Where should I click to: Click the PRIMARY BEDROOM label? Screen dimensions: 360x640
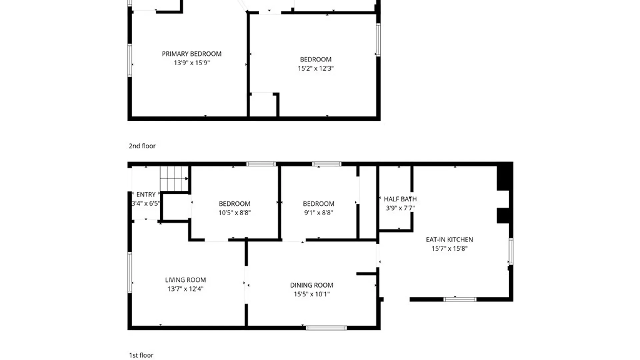coord(192,54)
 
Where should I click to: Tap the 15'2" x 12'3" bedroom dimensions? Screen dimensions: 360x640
coord(316,68)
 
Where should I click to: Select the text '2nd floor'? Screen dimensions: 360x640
coord(142,146)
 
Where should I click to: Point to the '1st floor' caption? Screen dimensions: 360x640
coord(141,355)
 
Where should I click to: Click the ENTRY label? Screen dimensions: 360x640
coord(146,194)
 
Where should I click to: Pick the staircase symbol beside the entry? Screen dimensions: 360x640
coord(174,179)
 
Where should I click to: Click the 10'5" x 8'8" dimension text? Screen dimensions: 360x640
coord(235,213)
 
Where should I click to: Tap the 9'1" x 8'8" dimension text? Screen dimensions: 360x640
coord(318,213)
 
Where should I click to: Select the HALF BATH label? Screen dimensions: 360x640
coord(400,199)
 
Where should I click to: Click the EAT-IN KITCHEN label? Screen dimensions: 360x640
coord(449,239)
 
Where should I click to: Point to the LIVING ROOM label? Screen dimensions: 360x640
coord(185,280)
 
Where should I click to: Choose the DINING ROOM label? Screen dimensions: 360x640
coord(312,285)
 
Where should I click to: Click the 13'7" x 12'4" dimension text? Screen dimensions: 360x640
coord(185,289)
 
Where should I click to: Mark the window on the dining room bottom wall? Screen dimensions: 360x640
coord(326,328)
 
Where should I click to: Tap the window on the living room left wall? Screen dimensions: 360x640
coord(130,272)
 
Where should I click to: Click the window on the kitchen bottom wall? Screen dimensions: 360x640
coord(460,299)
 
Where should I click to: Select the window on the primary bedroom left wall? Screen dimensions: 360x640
coord(130,60)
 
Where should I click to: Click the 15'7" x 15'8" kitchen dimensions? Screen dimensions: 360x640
coord(449,248)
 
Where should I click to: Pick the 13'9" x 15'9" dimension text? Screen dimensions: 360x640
coord(192,63)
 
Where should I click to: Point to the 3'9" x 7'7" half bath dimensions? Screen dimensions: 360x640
coord(400,208)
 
